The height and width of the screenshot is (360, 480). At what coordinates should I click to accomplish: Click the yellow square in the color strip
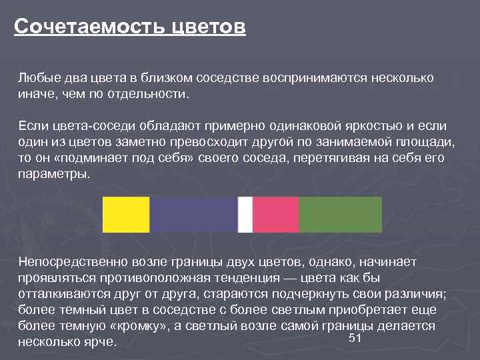pos(126,215)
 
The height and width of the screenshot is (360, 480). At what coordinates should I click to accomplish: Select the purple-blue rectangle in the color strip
pos(194,215)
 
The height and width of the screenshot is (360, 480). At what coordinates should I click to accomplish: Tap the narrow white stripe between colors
pos(245,215)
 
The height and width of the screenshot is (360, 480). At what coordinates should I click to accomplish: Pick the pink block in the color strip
pos(276,215)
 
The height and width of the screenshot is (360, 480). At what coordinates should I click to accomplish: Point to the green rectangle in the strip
pos(340,215)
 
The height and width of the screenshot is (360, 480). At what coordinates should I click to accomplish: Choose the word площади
pos(421,142)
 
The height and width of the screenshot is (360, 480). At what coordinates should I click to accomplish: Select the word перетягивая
pos(329,158)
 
